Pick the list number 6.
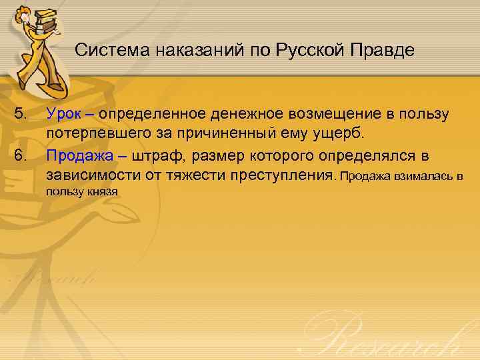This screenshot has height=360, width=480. (x=23, y=155)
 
